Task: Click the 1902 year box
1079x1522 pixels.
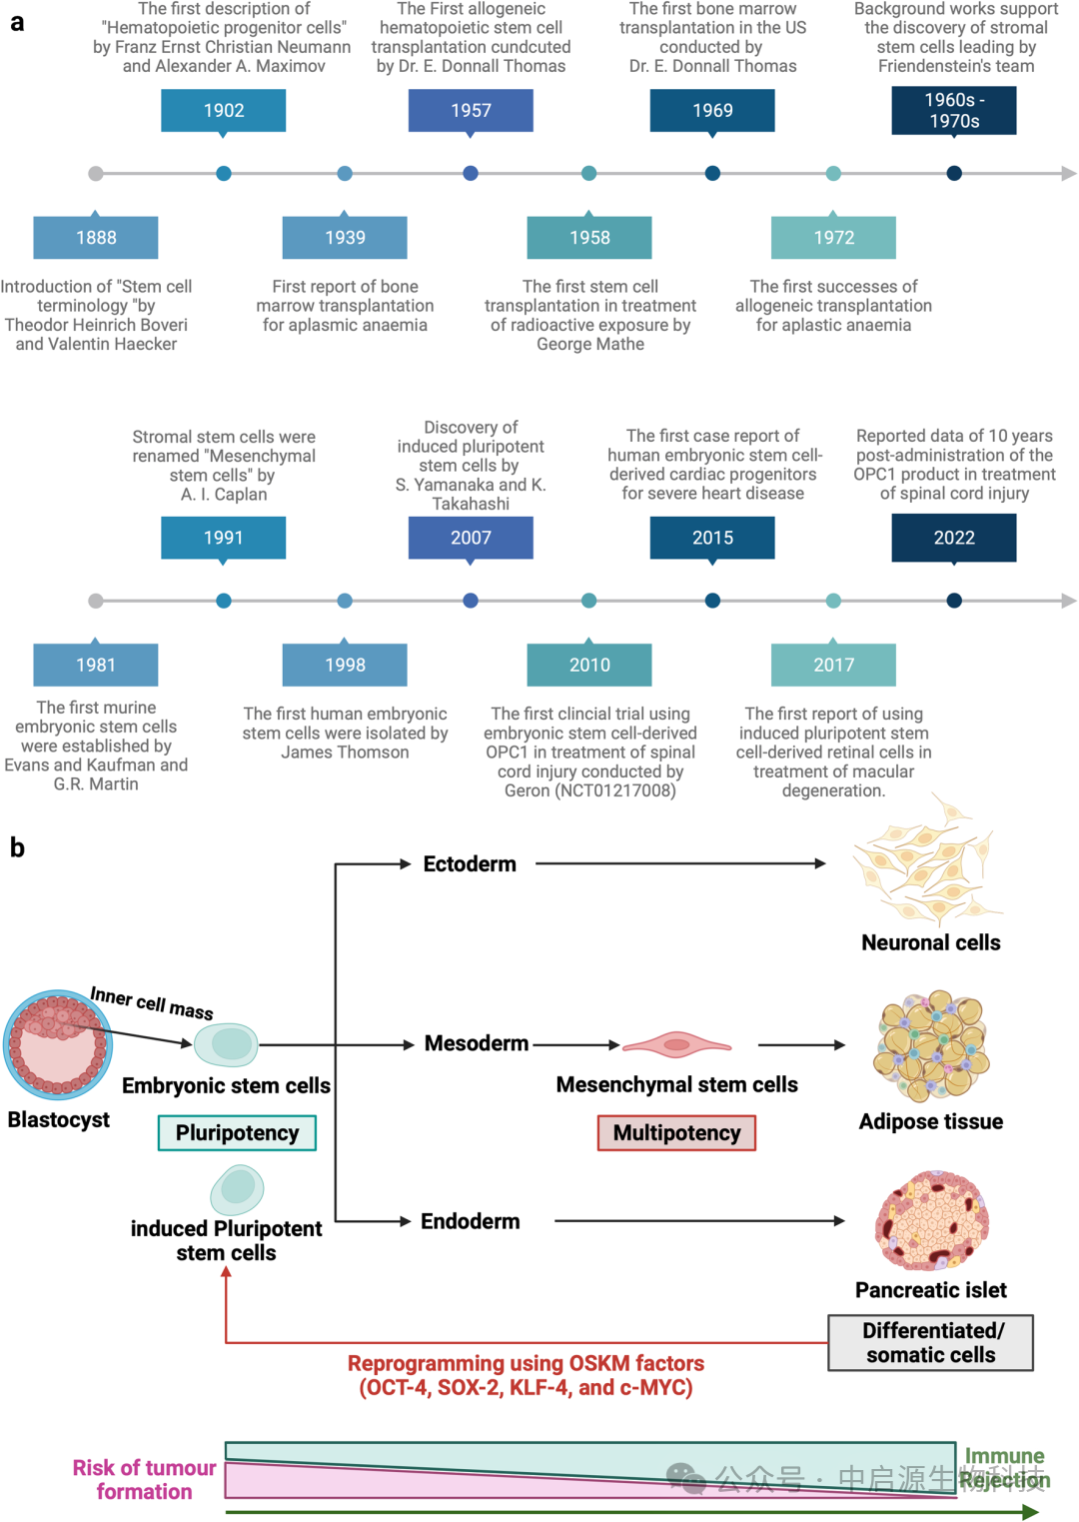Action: tap(223, 111)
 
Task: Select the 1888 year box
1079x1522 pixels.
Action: tap(96, 238)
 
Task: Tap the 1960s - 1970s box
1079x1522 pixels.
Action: tap(954, 111)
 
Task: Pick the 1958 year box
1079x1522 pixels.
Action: tap(589, 238)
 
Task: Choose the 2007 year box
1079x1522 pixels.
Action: tap(471, 538)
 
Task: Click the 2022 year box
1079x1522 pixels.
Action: tap(954, 538)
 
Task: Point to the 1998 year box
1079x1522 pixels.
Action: tap(345, 665)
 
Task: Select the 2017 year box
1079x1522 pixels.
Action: tap(833, 665)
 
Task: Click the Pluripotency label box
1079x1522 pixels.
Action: tap(237, 1133)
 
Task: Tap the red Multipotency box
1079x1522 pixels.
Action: tap(676, 1133)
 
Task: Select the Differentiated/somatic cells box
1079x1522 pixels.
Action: tap(930, 1343)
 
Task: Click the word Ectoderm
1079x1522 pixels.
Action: tap(470, 864)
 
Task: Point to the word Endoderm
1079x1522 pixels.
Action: tap(471, 1221)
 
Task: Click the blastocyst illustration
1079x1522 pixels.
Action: tap(58, 1045)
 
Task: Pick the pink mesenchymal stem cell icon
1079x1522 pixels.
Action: tap(676, 1045)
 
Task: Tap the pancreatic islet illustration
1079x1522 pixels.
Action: tap(931, 1221)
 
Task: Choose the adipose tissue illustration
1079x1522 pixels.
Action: tap(931, 1045)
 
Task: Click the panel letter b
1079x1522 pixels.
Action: tap(17, 847)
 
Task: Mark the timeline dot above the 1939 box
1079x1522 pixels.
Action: tap(345, 174)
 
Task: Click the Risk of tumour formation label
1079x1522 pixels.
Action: tap(144, 1480)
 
